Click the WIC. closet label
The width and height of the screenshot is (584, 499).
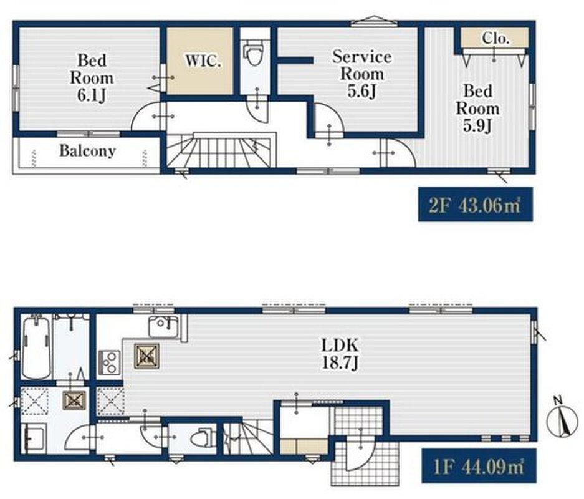[x=203, y=61]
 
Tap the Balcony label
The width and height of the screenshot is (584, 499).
[x=87, y=151]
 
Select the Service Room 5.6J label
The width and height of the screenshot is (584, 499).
[x=361, y=74]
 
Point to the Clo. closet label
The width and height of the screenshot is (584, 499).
[x=495, y=38]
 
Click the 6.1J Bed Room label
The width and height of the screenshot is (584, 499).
[x=92, y=78]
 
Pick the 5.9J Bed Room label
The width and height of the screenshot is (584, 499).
[x=477, y=109]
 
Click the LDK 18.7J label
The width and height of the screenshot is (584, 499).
[x=340, y=354]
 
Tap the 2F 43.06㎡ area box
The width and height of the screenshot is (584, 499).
[x=476, y=205]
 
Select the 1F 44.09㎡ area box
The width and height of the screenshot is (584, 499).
[x=479, y=466]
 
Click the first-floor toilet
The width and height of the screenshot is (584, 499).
[x=202, y=438]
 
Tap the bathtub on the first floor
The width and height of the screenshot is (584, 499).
[x=36, y=347]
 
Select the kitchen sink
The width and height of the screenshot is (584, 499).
[x=164, y=326]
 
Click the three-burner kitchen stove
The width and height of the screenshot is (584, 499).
[x=109, y=362]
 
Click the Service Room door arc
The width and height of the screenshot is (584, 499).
[x=329, y=117]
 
